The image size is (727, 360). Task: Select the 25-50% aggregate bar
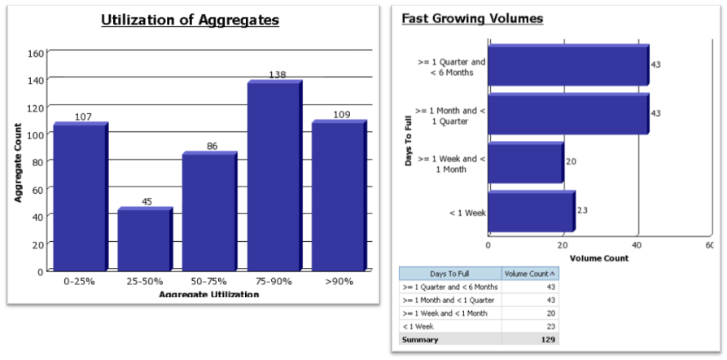point(143,239)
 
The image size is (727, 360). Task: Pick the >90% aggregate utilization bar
point(338,196)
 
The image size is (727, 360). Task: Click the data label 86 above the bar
point(212,147)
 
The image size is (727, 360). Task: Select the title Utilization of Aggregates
point(190,20)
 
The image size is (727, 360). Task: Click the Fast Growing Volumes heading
point(472,18)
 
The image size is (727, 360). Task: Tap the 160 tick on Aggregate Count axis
point(35,54)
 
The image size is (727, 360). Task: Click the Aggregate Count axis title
point(17,162)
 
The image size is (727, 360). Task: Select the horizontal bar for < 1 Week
point(530,213)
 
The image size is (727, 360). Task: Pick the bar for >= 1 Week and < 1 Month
point(524,163)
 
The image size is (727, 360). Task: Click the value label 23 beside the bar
point(582,210)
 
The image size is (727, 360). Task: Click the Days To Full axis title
point(409,138)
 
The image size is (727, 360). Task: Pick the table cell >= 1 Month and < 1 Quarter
point(449,300)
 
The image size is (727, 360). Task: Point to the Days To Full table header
point(449,274)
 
